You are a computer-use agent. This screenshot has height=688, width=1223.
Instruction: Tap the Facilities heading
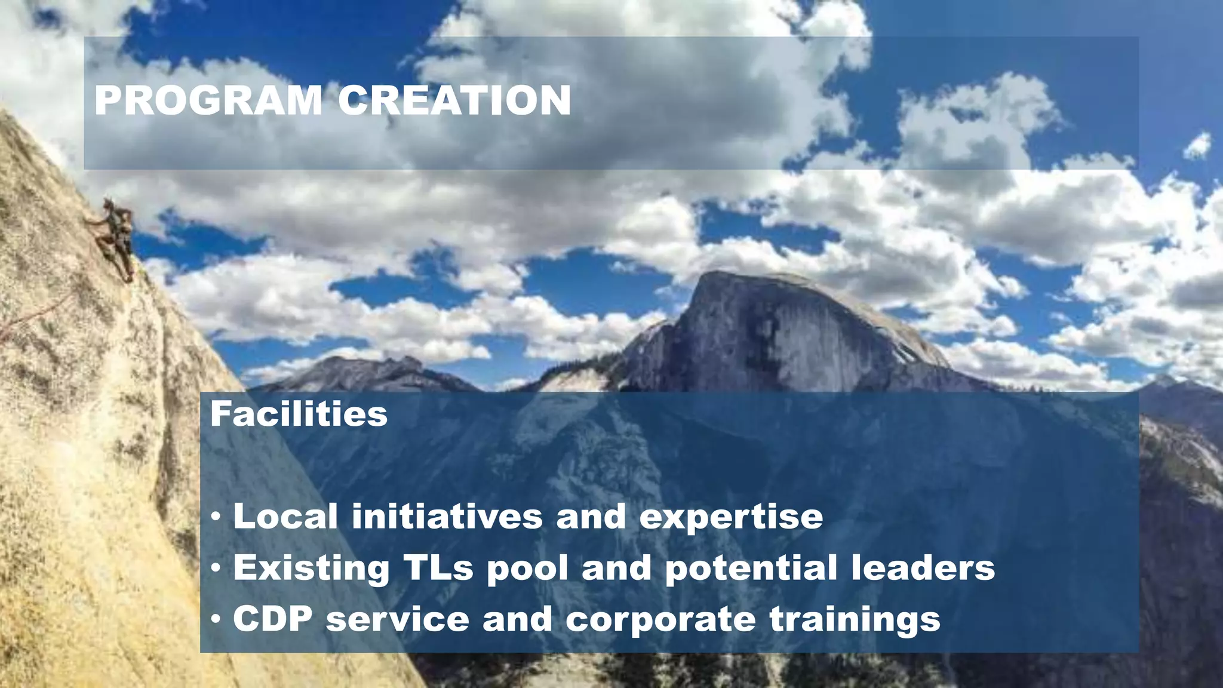pos(299,414)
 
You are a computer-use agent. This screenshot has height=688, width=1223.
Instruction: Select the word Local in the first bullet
pos(285,516)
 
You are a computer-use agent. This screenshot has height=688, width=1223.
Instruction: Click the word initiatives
pos(447,516)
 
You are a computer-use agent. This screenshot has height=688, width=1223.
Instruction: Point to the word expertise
pos(731,517)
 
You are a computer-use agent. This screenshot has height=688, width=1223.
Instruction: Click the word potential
pos(751,569)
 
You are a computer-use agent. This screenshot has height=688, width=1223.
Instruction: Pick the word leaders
pos(923,567)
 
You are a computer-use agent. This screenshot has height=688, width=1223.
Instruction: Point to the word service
pos(398,619)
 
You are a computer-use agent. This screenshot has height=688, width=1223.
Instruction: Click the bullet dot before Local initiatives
pos(216,517)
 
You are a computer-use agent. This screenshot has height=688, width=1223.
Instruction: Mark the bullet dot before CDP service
pos(216,619)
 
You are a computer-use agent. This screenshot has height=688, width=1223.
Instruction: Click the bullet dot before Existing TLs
pos(216,568)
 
